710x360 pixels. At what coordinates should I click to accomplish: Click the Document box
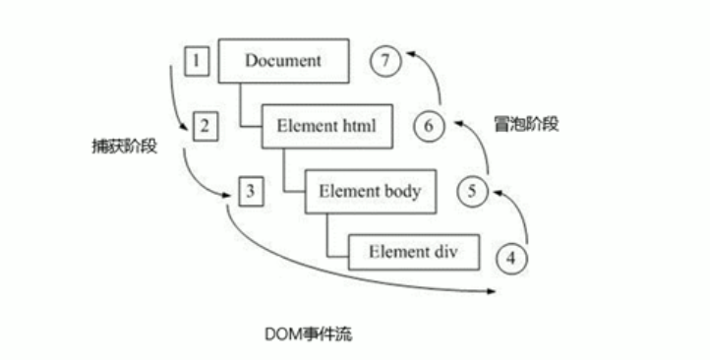point(283,61)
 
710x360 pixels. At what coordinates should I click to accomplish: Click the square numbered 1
point(197,61)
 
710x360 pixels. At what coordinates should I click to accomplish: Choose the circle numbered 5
point(472,193)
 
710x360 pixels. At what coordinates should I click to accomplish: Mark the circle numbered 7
point(386,61)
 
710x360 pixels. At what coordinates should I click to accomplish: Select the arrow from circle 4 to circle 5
point(521,216)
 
